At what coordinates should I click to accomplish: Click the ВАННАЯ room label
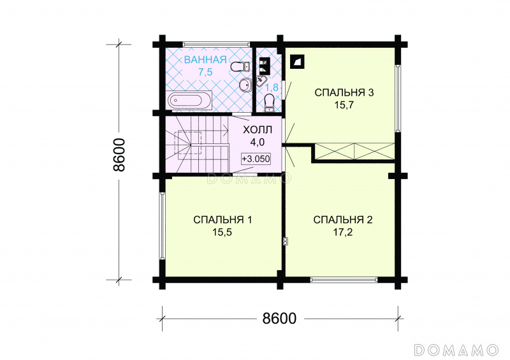coord(205,60)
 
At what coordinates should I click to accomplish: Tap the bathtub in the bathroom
coord(189,99)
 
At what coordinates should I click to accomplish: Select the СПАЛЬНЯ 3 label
coord(344,92)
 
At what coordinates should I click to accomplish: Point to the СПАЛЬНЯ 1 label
coord(222,220)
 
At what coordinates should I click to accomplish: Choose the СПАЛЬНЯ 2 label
coord(343,220)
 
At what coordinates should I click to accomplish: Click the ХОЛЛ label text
coord(258,130)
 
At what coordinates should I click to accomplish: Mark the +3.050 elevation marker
coord(256,159)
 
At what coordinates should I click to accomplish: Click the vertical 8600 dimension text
coord(119,155)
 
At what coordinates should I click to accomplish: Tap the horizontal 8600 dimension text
coord(279,319)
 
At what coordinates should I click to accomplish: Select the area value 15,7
coord(344,105)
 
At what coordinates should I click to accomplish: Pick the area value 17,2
coord(343,232)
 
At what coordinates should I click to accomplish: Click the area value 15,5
coord(222,232)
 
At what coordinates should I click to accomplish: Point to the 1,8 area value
coord(272,87)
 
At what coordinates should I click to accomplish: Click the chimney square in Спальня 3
coord(297,62)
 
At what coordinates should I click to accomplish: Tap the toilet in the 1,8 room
coord(269,102)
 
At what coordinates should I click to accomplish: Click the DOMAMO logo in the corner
coord(456,350)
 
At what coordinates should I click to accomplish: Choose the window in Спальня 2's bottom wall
coord(344,279)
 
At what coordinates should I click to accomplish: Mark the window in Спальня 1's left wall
coord(162,226)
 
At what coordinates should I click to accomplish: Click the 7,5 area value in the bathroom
coord(205,72)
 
